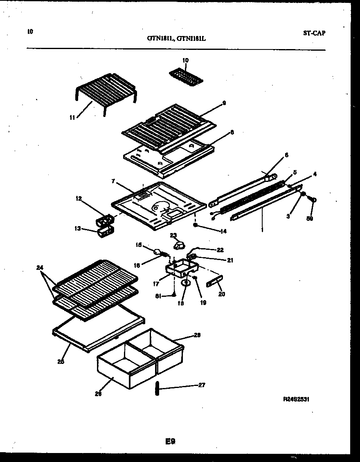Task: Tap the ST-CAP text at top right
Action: [314, 33]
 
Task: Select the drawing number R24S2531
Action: [296, 399]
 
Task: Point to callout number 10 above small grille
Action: [185, 61]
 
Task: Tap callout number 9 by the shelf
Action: [224, 103]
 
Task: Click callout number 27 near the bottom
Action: [202, 385]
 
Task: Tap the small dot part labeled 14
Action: [196, 225]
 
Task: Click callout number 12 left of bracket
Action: [79, 199]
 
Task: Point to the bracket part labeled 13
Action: [106, 233]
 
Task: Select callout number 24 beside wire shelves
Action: [39, 268]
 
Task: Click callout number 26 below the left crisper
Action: [97, 394]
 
